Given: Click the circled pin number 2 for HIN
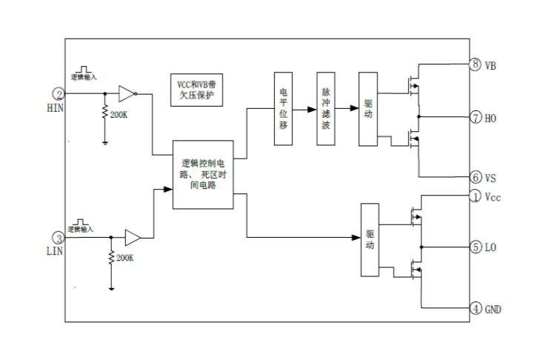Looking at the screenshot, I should (57, 94).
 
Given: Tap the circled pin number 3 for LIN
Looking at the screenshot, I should (57, 238).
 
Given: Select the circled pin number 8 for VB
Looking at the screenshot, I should (476, 65).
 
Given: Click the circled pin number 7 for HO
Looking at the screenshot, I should (476, 117).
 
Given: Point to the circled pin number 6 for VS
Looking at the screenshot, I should (476, 178).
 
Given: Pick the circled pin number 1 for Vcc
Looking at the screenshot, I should (476, 196).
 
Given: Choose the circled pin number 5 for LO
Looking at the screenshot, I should (476, 247).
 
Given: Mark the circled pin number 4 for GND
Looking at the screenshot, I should (476, 307).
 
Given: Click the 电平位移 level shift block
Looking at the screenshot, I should (283, 110).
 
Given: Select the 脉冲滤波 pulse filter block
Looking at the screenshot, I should (325, 110).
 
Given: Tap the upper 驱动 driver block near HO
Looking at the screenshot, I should (368, 110).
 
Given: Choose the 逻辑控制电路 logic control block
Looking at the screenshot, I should (203, 174).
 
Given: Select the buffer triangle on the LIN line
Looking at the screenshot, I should (133, 238).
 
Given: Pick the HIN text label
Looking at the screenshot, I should (57, 108).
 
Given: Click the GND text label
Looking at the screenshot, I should (494, 309).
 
